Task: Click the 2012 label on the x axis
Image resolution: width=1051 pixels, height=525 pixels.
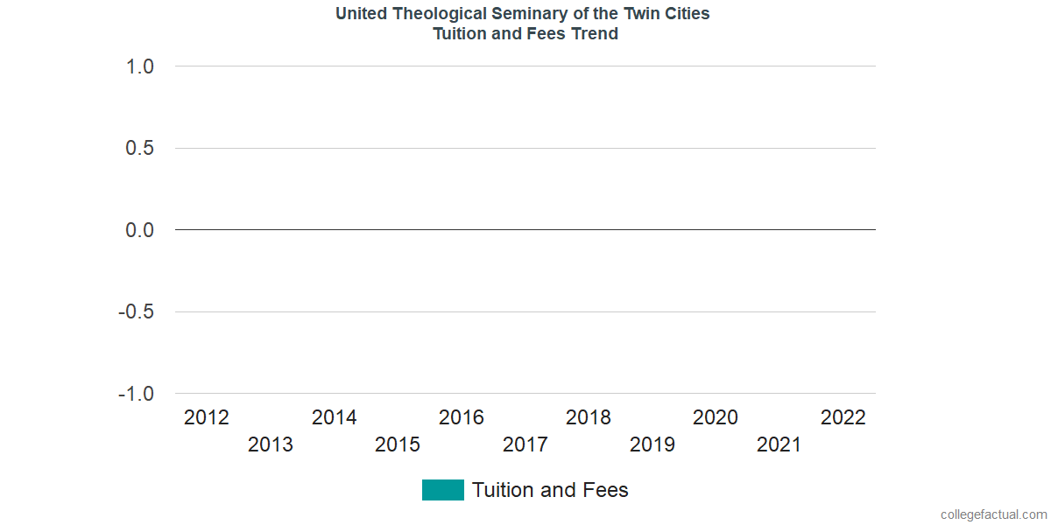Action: click(207, 418)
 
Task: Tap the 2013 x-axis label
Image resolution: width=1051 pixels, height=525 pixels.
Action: click(271, 445)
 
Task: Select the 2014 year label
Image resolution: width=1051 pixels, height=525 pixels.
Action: click(335, 418)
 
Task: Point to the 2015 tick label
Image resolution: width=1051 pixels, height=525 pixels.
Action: click(398, 445)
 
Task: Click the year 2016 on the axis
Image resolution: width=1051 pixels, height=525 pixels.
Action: click(462, 418)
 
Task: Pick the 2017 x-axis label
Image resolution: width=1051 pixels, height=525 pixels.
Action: click(525, 445)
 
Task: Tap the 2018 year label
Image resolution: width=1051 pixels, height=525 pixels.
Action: click(589, 418)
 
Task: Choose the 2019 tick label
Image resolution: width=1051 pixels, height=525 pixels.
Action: click(652, 445)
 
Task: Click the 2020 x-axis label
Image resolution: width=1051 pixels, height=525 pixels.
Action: click(716, 418)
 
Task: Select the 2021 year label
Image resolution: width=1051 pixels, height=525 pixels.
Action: click(779, 445)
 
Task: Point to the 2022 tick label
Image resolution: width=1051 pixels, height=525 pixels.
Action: click(843, 418)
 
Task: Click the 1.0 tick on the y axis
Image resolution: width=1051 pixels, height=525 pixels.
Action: click(140, 66)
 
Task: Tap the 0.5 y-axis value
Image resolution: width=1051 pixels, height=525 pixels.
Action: click(140, 149)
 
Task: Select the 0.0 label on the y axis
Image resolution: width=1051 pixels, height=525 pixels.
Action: click(140, 230)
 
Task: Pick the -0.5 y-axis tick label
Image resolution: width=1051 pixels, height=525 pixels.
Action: click(136, 312)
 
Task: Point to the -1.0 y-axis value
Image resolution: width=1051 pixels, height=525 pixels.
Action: click(136, 394)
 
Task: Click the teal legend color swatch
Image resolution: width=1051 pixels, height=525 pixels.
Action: click(442, 490)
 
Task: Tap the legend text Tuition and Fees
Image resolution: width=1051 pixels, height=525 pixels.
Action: click(550, 490)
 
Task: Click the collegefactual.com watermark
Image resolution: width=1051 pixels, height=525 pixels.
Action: click(993, 514)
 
